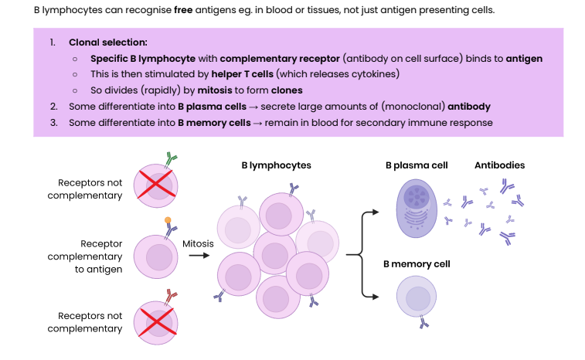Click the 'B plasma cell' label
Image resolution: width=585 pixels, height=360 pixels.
[x=417, y=165]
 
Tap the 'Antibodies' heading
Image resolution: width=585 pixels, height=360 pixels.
[x=499, y=165]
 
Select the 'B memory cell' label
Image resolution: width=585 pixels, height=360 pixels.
[x=417, y=264]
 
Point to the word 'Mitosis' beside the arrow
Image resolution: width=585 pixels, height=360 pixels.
[x=198, y=244]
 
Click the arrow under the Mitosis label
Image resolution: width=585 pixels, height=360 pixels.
[x=199, y=256]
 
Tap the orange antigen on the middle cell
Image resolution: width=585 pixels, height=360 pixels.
[x=168, y=221]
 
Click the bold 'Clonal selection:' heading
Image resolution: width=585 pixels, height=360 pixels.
[x=107, y=42]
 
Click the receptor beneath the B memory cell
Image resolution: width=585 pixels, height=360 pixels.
[x=423, y=323]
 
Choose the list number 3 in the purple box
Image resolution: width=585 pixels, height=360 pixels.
[x=53, y=122]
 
